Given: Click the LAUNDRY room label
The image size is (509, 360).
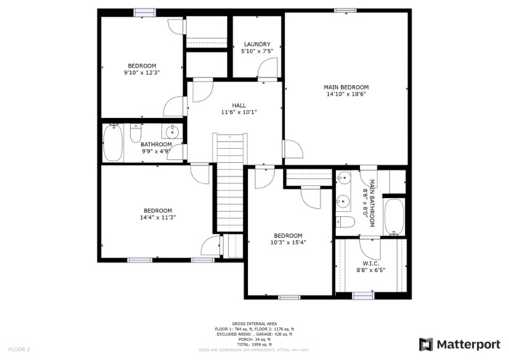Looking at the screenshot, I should click(257, 44).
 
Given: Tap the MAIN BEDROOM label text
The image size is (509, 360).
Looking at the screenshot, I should click(346, 87).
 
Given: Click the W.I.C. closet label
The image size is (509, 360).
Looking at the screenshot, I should click(370, 263).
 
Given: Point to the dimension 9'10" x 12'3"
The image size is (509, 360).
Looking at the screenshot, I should click(141, 73).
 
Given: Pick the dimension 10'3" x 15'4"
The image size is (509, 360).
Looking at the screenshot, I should click(288, 242).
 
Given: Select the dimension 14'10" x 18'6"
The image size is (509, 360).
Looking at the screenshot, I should click(346, 94).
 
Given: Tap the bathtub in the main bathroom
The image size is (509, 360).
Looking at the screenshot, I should click(394, 216).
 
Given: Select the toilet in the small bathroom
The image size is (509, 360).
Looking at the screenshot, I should click(135, 133).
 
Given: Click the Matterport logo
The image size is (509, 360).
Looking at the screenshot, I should click(460, 343).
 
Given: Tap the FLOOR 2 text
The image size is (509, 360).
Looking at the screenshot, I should click(20, 350).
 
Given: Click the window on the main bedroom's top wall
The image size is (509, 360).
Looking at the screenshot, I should click(345, 10).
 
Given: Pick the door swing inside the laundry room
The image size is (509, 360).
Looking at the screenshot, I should click(268, 69).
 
